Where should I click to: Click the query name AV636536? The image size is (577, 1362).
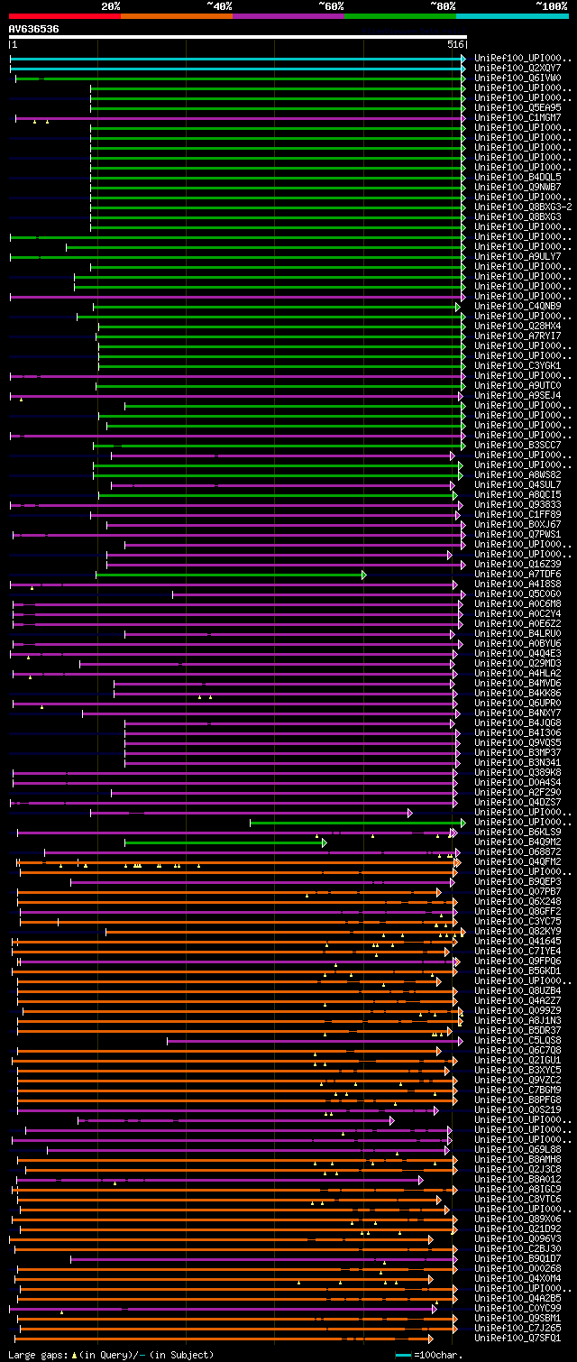[34, 29]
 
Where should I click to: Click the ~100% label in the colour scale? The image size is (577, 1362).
[551, 5]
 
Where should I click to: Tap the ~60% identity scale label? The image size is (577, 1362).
[330, 5]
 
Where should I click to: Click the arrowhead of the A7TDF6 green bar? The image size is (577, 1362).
[364, 575]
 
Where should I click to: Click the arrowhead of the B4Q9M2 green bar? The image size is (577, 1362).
[325, 842]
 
